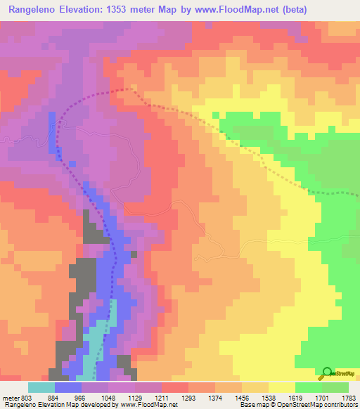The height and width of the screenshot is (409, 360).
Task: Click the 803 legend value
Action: pos(27,397)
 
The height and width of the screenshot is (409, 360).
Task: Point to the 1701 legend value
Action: pos(322,397)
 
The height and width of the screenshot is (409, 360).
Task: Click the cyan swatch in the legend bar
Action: pos(41,387)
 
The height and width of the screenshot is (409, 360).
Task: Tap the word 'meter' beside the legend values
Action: pos(11,397)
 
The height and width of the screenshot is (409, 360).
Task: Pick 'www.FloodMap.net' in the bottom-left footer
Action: pos(149,405)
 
